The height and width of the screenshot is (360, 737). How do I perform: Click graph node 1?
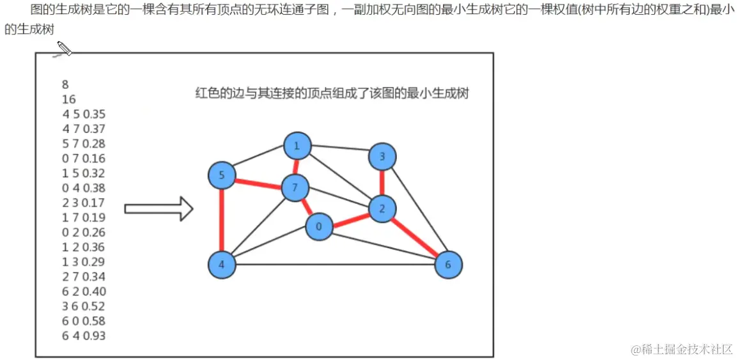297,146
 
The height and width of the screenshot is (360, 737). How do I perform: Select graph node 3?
382,156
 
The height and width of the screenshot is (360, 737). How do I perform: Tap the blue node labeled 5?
222,175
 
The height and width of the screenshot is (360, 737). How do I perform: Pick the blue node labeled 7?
295,188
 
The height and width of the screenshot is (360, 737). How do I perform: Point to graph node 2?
382,208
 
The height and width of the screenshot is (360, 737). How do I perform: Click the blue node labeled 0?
319,226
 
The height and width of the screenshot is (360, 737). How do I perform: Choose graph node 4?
222,264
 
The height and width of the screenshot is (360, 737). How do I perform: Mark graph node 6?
448,264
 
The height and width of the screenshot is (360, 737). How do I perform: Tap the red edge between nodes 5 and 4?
222,219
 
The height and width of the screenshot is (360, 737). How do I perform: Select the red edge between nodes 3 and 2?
382,182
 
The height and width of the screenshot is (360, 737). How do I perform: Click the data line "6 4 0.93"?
84,336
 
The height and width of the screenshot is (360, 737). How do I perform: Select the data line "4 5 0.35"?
84,114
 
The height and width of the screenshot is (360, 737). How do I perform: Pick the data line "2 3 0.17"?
84,203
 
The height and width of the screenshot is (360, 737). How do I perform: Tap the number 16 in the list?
68,99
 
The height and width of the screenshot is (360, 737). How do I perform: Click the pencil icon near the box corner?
64,49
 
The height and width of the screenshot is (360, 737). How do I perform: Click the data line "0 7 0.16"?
84,158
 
